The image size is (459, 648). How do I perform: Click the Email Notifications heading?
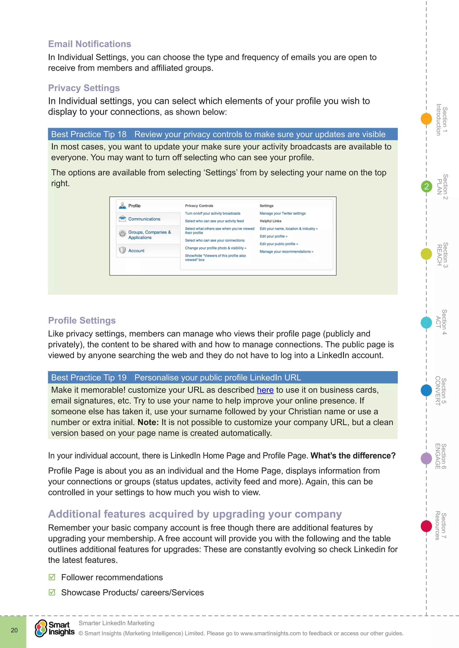[89, 44]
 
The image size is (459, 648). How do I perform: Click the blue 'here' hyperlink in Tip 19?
[265, 390]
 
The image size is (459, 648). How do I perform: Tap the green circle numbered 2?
[426, 187]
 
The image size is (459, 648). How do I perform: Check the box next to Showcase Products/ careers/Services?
[52, 592]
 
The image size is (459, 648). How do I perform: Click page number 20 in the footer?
[14, 630]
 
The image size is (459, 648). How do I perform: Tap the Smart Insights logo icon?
[41, 628]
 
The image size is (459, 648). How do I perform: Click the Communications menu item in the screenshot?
[144, 219]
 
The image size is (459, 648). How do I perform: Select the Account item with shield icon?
[136, 251]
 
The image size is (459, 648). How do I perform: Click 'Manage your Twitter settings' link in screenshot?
[282, 213]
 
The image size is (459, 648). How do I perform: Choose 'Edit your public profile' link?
[278, 244]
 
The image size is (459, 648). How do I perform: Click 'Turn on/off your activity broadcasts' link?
[212, 213]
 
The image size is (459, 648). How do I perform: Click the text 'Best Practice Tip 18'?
[89, 134]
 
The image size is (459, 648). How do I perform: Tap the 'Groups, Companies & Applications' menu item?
[149, 235]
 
